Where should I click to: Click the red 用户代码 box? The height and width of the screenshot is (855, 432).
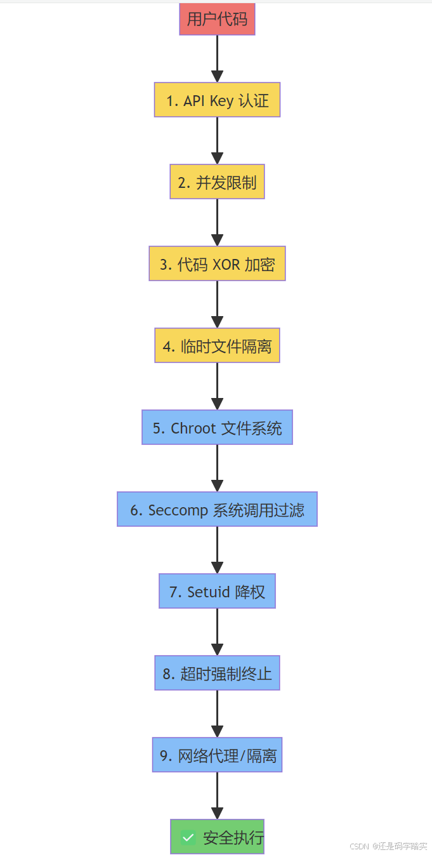pos(217,19)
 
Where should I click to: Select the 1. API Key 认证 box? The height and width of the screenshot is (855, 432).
pos(217,100)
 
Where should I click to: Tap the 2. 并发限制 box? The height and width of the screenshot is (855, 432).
pos(217,182)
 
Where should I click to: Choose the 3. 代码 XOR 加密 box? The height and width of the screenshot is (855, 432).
pos(217,264)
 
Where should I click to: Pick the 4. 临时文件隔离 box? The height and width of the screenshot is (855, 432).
pos(217,346)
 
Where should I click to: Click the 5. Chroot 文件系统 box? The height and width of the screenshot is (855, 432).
pos(217,428)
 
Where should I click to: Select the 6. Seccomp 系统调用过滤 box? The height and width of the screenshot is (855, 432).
pos(217,510)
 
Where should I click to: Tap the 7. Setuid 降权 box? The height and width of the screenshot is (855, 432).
pos(217,592)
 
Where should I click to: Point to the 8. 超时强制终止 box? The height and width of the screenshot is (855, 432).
pos(217,673)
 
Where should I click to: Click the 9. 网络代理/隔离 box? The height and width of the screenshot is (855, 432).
pos(217,755)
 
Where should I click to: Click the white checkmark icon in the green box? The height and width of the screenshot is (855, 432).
pos(188,837)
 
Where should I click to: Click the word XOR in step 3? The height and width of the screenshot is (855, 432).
pos(227,265)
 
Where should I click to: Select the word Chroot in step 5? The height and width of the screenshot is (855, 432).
pos(193,428)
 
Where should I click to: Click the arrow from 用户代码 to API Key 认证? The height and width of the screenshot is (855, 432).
pos(217,58)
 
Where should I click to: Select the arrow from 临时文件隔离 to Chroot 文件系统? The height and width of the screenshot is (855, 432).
pos(217,386)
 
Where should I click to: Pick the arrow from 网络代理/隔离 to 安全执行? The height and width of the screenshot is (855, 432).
pos(217,795)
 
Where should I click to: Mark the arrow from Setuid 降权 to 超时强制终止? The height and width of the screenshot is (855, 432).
pos(217,632)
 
